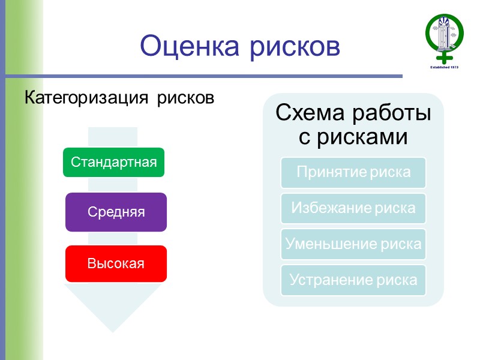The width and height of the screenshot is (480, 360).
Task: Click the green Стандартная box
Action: pyautogui.click(x=113, y=162)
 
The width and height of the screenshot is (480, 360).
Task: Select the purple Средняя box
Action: pyautogui.click(x=116, y=212)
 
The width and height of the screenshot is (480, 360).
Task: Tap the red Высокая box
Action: pyautogui.click(x=116, y=263)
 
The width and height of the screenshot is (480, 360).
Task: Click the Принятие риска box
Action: pyautogui.click(x=353, y=172)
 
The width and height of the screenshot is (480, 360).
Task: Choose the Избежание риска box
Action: pyautogui.click(x=353, y=208)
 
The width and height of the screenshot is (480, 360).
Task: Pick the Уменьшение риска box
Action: pyautogui.click(x=353, y=244)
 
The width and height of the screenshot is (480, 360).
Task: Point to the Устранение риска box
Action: pyautogui.click(x=353, y=280)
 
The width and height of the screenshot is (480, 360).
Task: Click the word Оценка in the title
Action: pyautogui.click(x=184, y=46)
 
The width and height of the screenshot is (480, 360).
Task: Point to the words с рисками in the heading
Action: pyautogui.click(x=353, y=137)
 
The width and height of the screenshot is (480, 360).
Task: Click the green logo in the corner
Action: pyautogui.click(x=444, y=35)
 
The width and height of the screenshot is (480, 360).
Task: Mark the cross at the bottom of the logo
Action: pyautogui.click(x=445, y=58)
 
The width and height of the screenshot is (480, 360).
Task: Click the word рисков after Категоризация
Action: pyautogui.click(x=185, y=98)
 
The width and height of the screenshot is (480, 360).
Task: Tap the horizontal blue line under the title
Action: pyautogui.click(x=204, y=76)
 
